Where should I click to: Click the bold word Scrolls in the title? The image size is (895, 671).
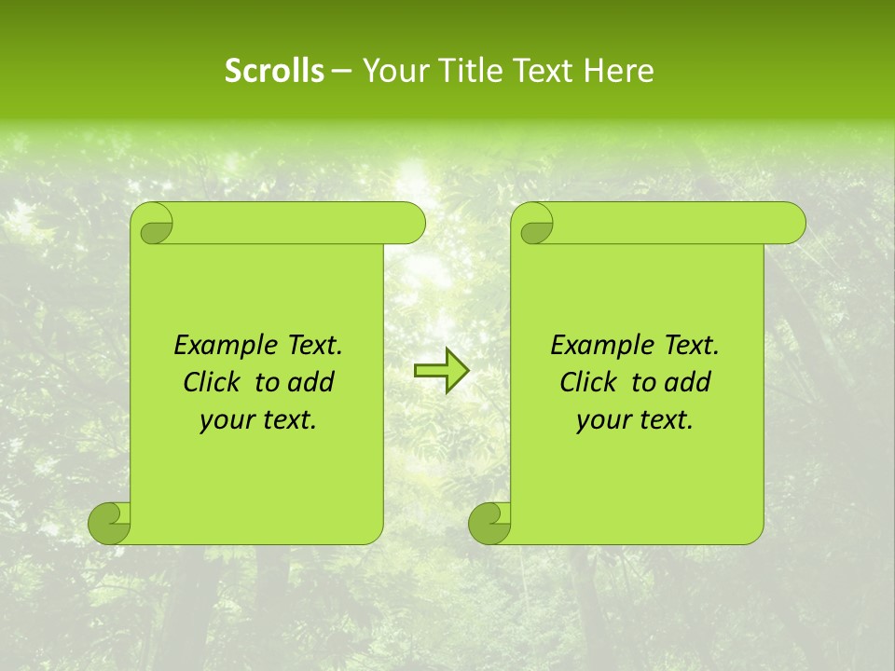pos(274,70)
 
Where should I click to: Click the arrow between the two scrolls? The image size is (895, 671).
pos(441,372)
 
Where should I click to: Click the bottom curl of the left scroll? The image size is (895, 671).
pos(109,523)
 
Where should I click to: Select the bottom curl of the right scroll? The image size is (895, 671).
pos(489,523)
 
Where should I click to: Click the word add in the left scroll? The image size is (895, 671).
pos(310,382)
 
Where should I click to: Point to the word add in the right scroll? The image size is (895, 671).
pos(687,382)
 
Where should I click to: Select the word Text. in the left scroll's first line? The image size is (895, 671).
pos(312,346)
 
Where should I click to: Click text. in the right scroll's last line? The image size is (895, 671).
pos(664,420)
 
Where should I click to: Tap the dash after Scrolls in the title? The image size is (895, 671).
pos(341,71)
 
